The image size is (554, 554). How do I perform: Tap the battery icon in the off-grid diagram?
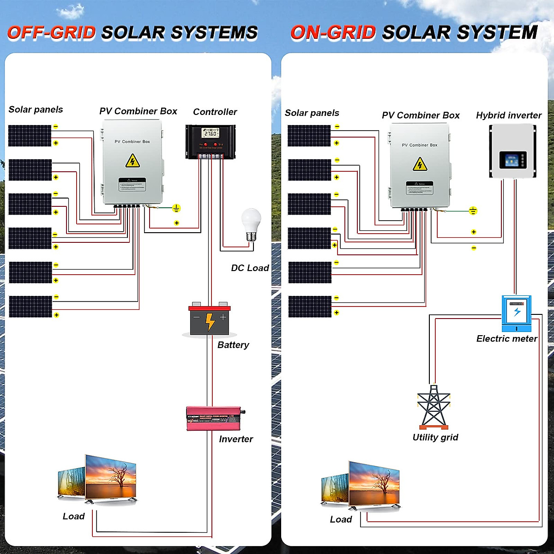pyautogui.click(x=210, y=320)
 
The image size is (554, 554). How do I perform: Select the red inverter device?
pyautogui.click(x=214, y=418)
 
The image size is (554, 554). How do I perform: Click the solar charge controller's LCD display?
pyautogui.click(x=210, y=133)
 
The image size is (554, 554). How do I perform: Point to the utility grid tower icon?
pyautogui.click(x=434, y=407)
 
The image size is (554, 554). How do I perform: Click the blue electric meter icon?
pyautogui.click(x=517, y=313)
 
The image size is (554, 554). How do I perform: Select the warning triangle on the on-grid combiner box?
pyautogui.click(x=420, y=164)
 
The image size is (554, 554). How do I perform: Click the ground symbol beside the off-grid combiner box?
pyautogui.click(x=176, y=208)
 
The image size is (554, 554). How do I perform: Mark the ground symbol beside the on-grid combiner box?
pyautogui.click(x=473, y=211)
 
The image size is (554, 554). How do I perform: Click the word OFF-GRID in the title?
pyautogui.click(x=51, y=33)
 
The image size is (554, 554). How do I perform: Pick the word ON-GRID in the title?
pyautogui.click(x=333, y=33)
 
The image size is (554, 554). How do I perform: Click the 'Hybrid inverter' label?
pyautogui.click(x=509, y=115)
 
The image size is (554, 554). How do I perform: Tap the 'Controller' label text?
pyautogui.click(x=215, y=112)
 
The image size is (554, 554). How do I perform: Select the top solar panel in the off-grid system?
pyautogui.click(x=30, y=135)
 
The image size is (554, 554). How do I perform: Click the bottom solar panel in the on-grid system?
pyautogui.click(x=310, y=307)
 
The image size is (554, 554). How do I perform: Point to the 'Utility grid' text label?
pyautogui.click(x=435, y=437)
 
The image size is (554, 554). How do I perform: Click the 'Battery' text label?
pyautogui.click(x=233, y=345)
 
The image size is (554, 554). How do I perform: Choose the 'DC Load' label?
pyautogui.click(x=250, y=268)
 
